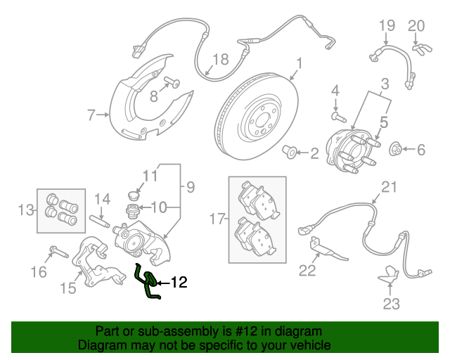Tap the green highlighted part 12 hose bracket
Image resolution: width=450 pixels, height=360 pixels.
pos(147,282)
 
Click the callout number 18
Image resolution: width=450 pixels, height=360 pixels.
pos(220,60)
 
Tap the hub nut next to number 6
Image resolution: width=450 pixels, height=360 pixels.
pos(395,149)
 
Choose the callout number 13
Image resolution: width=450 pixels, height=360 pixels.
pos(26,209)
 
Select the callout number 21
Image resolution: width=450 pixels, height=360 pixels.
pos(389,187)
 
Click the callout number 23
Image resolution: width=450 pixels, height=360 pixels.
pos(391,303)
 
